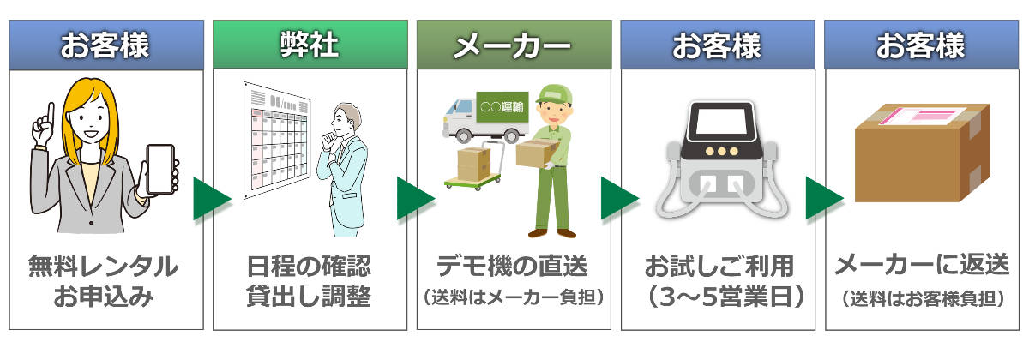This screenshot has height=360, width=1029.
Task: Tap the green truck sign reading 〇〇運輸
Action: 502,108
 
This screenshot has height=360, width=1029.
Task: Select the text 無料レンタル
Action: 104,267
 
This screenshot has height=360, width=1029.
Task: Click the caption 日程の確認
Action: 309,267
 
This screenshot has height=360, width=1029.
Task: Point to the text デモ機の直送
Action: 513,267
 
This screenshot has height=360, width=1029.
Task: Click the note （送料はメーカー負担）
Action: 513,298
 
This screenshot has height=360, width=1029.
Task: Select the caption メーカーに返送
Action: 921,267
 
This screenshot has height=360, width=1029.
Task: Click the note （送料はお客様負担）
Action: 921,298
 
